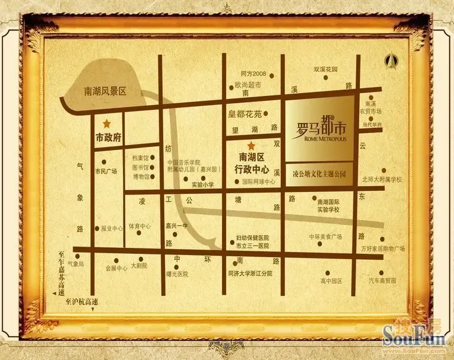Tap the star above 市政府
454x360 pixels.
pos(107,124)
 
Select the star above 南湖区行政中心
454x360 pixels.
pos(251,146)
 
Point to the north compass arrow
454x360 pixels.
pos(393,61)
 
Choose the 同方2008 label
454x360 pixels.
pos(252,74)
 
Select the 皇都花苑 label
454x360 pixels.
pos(245,113)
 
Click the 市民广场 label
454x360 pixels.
pos(106,171)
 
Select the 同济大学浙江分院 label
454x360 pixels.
pos(250,273)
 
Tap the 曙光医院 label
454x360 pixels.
pos(176,274)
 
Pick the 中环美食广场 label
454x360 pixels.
pos(325,237)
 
